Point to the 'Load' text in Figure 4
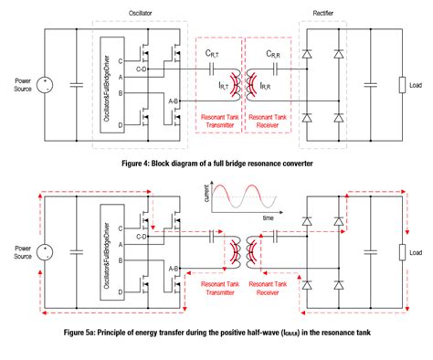tap(416, 86)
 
